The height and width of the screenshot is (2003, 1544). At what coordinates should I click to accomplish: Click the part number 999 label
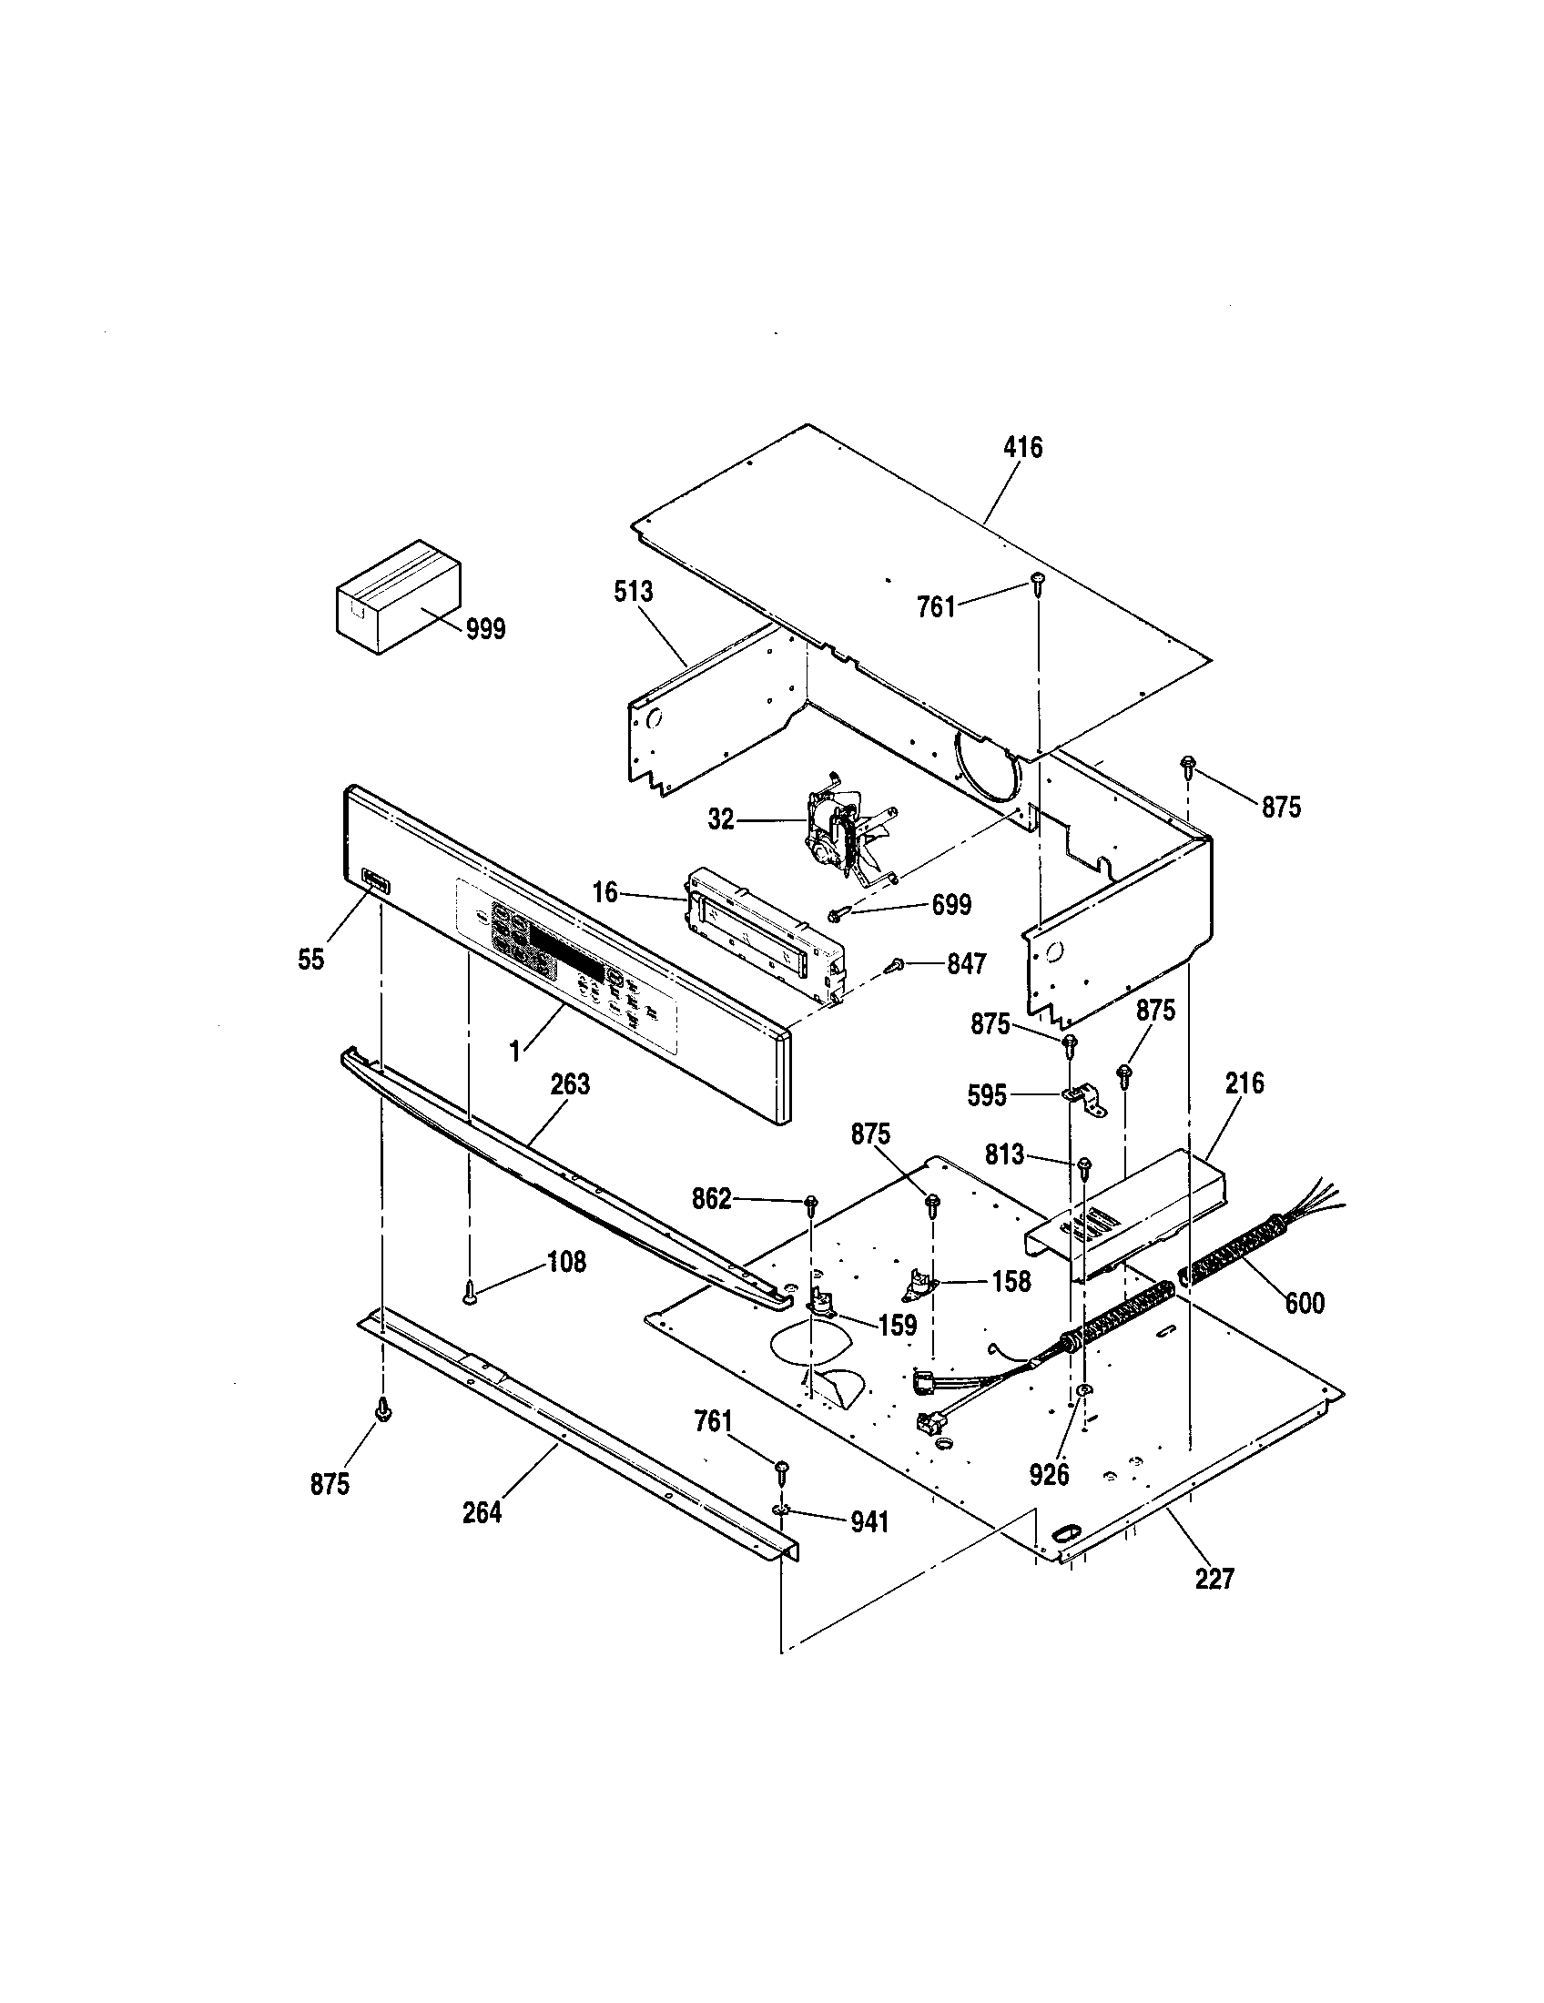point(485,629)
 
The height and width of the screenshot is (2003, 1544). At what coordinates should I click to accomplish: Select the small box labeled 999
point(396,596)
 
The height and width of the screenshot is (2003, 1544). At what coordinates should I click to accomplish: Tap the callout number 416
point(1022,448)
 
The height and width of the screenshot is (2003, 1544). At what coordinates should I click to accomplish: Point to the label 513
point(633,592)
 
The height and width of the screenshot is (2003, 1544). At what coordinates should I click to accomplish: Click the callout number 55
point(310,960)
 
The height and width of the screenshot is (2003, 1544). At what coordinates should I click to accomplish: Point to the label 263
point(570,1084)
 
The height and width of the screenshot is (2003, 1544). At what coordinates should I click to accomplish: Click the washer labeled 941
point(780,1509)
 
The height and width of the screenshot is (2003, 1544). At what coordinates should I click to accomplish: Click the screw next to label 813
point(1084,1165)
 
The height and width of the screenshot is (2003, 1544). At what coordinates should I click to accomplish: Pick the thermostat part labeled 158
point(918,1289)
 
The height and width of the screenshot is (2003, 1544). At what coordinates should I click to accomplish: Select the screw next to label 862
point(810,1203)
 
